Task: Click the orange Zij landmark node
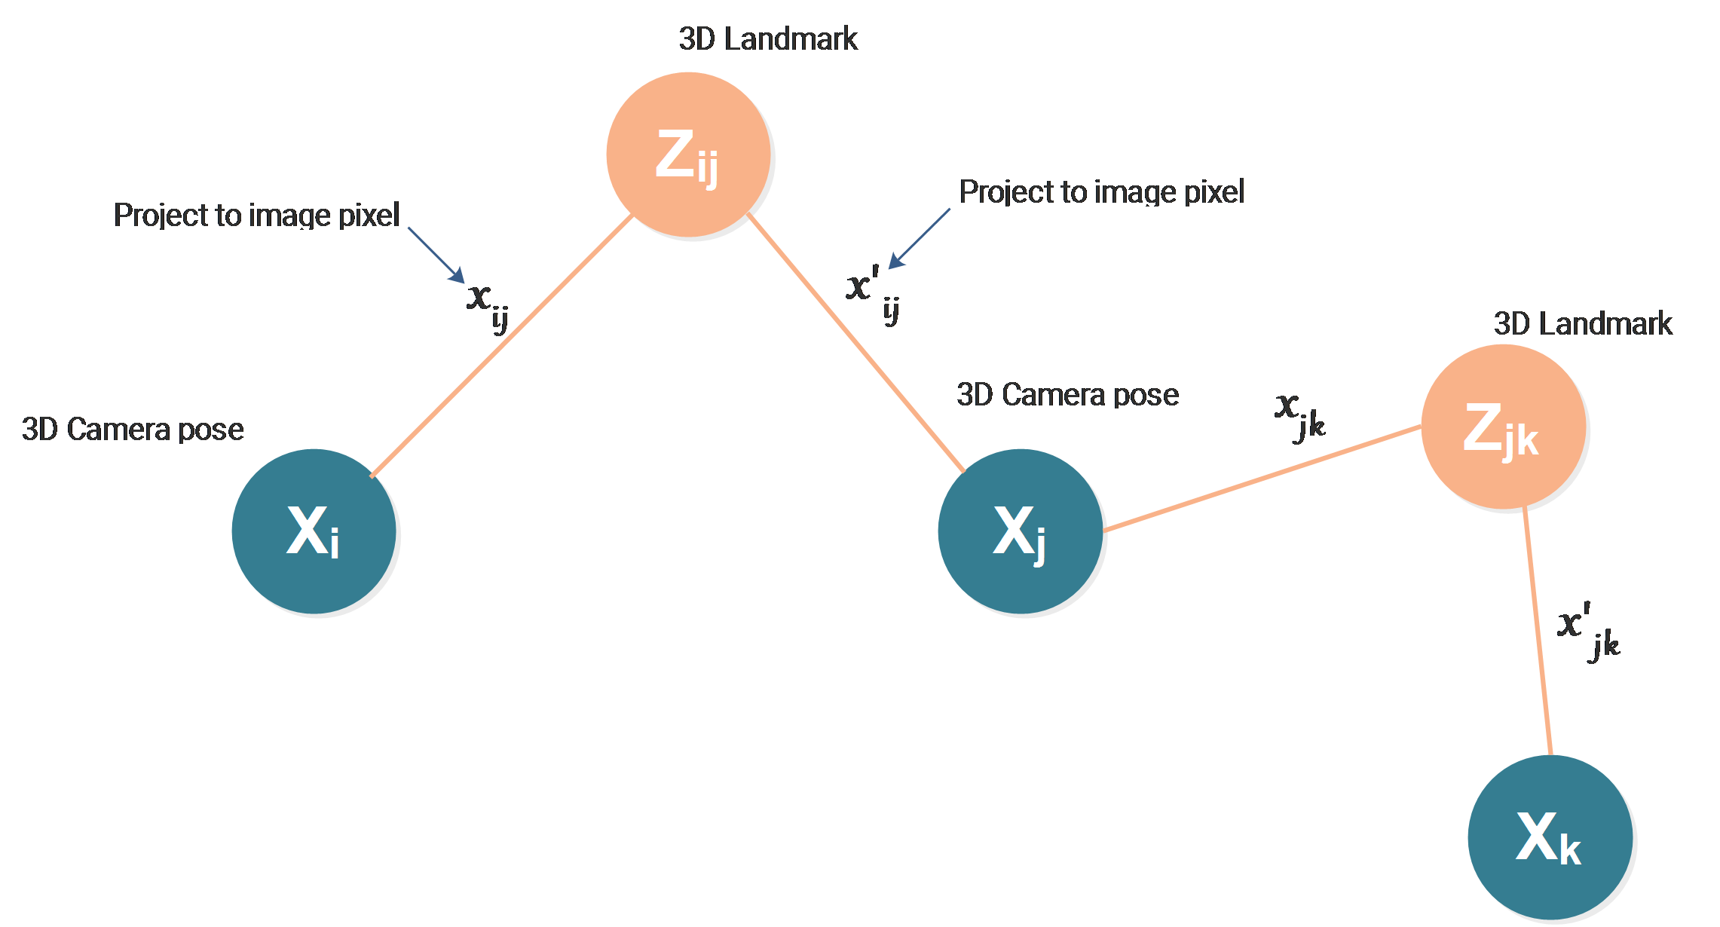pyautogui.click(x=688, y=154)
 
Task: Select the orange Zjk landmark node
pyautogui.click(x=1504, y=427)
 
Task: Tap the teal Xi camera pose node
pyautogui.click(x=314, y=531)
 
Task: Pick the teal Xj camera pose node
pyautogui.click(x=1021, y=531)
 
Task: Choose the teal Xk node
pyautogui.click(x=1550, y=837)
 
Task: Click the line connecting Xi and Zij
pyautogui.click(x=502, y=346)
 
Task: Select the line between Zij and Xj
pyautogui.click(x=856, y=343)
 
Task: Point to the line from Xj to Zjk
pyautogui.click(x=1262, y=479)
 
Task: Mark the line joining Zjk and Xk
pyautogui.click(x=1537, y=632)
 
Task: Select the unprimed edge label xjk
pyautogui.click(x=1300, y=416)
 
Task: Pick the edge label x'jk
pyautogui.click(x=1588, y=632)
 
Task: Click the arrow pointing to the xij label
pyautogui.click(x=436, y=255)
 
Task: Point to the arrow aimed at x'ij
pyautogui.click(x=920, y=238)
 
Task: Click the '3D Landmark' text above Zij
pyautogui.click(x=768, y=39)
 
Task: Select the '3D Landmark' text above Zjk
pyautogui.click(x=1583, y=324)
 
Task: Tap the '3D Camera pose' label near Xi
pyautogui.click(x=133, y=430)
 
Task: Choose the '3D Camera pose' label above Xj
pyautogui.click(x=1068, y=395)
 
